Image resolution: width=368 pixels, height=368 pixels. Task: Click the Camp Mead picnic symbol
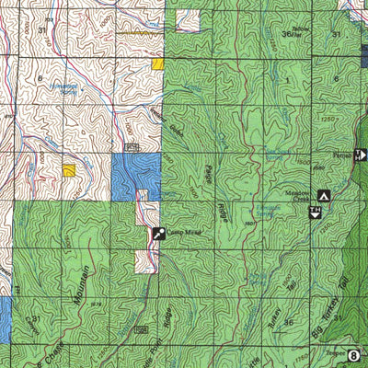click(158, 235)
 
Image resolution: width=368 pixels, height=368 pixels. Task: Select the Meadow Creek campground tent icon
click(323, 195)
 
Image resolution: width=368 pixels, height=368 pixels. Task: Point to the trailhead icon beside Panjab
click(360, 155)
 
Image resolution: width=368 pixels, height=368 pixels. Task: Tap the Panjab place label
click(341, 154)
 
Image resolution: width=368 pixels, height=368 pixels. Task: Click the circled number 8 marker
click(355, 353)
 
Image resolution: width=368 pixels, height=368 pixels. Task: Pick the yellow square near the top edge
click(158, 64)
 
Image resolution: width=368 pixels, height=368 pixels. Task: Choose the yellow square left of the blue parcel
click(70, 170)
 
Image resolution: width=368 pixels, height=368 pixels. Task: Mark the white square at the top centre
click(187, 20)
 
